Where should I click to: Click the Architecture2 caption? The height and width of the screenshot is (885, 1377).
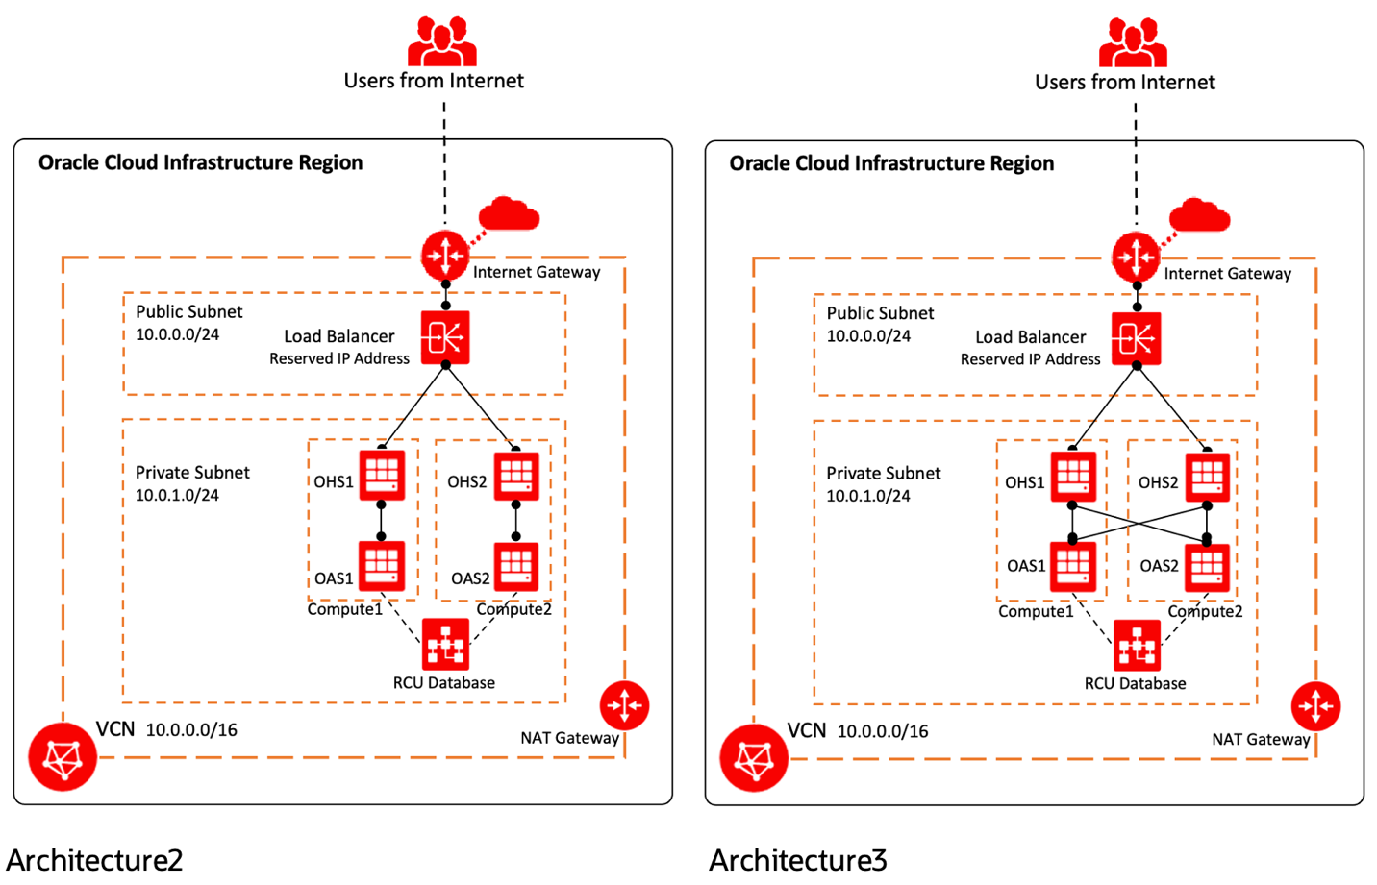(x=94, y=859)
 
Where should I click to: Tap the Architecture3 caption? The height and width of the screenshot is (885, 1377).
(x=797, y=859)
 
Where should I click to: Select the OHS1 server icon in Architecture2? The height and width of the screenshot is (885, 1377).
(x=382, y=476)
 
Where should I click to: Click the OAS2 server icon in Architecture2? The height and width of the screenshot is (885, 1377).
(x=516, y=567)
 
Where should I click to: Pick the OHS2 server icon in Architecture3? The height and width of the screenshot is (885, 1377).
(x=1207, y=477)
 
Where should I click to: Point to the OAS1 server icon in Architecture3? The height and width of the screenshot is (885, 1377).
(x=1073, y=567)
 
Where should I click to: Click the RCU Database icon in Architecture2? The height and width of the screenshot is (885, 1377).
(x=445, y=644)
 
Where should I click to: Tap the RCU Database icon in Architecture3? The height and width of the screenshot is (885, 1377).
(x=1137, y=645)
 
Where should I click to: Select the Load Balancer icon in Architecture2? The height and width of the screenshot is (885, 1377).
(x=445, y=337)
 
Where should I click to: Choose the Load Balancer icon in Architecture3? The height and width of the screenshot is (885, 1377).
(x=1136, y=338)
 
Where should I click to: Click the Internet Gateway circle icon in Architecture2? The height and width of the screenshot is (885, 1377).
(x=445, y=256)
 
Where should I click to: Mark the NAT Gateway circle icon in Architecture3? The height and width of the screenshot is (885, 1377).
(x=1315, y=706)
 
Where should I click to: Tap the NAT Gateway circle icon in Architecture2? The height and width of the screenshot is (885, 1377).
(x=624, y=705)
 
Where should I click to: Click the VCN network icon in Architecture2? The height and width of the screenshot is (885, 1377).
(x=63, y=757)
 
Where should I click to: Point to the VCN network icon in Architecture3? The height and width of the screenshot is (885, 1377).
(x=754, y=758)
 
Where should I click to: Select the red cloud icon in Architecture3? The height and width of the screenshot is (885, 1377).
(x=1199, y=215)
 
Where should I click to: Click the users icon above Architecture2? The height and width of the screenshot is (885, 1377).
(x=441, y=41)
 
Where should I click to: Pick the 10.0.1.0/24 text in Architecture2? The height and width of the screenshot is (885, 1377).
(x=177, y=495)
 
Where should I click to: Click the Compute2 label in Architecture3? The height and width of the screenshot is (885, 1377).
(x=1205, y=611)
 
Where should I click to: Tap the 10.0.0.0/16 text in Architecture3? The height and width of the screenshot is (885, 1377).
(x=883, y=731)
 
